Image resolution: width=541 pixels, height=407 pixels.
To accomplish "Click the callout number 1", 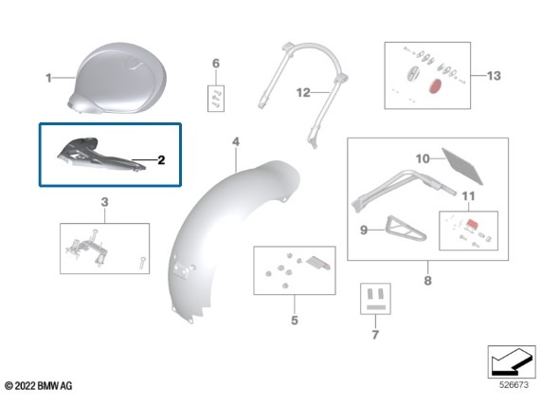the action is coord(48,78).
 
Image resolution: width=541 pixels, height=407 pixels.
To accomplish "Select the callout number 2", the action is coord(161,160).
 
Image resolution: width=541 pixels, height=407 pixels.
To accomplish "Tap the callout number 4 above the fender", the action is coord(236,141).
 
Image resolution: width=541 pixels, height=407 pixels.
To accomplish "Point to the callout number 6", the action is coord(216,64).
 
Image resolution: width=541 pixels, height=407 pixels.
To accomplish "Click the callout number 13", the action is coord(494,76).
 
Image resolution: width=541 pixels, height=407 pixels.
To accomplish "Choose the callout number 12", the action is coord(303,93).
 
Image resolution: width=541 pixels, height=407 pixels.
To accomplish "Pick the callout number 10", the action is coord(423,159).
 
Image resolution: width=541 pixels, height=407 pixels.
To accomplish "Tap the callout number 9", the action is coord(364,230).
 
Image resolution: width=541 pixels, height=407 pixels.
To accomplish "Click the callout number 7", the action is coord(375,335).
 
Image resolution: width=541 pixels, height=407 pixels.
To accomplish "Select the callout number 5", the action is coord(295,321).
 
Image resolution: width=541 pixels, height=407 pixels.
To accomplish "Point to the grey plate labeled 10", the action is coord(462,166).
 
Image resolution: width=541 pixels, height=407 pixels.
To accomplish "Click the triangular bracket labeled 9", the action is coord(406,229).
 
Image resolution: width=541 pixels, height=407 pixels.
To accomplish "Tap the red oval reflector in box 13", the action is coord(435,86).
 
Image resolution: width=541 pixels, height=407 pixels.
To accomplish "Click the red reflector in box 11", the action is coord(471,224).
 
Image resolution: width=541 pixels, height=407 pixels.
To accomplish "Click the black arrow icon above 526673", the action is coord(512,362).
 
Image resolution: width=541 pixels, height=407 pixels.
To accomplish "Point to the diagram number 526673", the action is coord(514,385).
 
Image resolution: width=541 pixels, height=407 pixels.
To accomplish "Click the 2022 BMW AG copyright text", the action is coord(39,385).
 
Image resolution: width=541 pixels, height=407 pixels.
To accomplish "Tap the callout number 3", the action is coord(104,202).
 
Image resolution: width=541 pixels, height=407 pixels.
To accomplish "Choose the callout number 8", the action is coord(428,280).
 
